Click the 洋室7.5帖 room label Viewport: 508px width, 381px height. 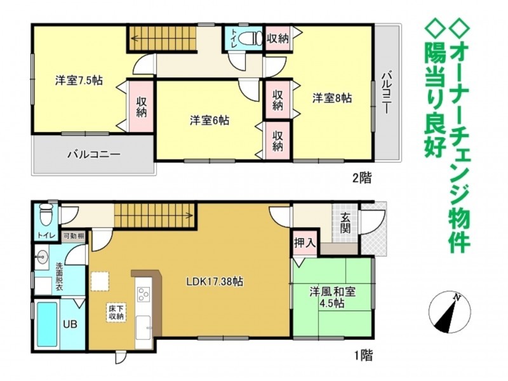pos(79,81)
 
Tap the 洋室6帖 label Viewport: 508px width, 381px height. pos(210,121)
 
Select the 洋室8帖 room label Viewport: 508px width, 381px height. pos(332,98)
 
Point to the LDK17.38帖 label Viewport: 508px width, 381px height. pos(215,281)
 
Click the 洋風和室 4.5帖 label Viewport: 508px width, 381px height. pos(332,297)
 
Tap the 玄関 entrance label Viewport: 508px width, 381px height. pos(345,223)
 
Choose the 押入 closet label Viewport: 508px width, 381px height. pos(305,243)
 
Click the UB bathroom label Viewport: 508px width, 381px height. pos(70,324)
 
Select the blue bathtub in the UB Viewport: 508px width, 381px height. pos(47,324)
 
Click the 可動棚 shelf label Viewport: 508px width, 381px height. pos(74,236)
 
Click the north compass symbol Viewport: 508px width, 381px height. pos(449,312)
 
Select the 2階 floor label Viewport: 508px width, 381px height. pos(362,178)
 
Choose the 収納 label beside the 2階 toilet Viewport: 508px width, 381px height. pos(277,39)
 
